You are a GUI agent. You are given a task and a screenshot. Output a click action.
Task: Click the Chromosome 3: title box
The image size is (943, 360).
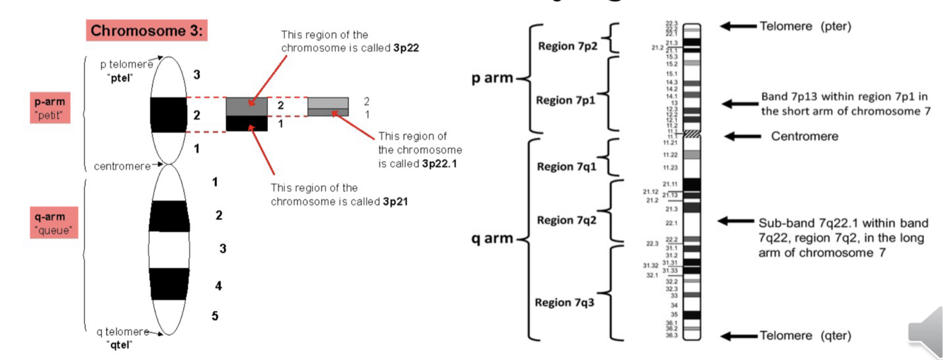[x=147, y=31]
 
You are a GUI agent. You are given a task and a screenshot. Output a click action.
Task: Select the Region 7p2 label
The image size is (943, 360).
[x=566, y=46]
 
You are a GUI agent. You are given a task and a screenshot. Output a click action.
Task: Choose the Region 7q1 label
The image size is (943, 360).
[x=566, y=166]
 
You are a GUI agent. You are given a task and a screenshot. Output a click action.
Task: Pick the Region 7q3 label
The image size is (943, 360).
[x=563, y=302]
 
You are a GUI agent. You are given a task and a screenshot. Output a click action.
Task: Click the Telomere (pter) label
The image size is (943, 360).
[x=805, y=26]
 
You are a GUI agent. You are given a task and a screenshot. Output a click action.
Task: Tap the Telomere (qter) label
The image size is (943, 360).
[x=805, y=335]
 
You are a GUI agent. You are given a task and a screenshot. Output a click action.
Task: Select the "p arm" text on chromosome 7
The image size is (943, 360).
[x=493, y=78]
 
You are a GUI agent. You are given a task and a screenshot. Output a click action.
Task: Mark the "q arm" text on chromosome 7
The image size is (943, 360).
[x=493, y=238]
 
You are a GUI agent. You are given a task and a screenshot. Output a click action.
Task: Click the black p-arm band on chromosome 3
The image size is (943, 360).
[x=168, y=114]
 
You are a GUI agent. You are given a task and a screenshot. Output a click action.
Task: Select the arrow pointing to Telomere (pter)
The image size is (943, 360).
[x=738, y=26]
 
